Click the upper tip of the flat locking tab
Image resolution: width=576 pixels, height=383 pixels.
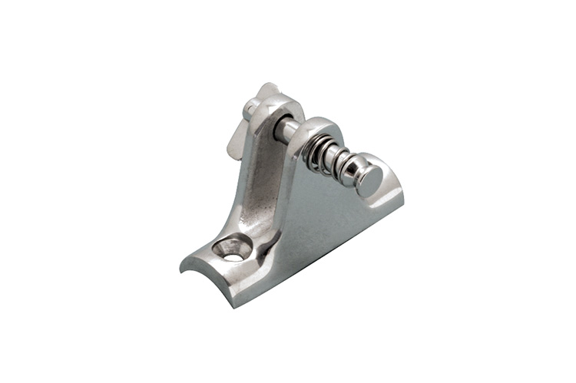(x=264, y=87)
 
